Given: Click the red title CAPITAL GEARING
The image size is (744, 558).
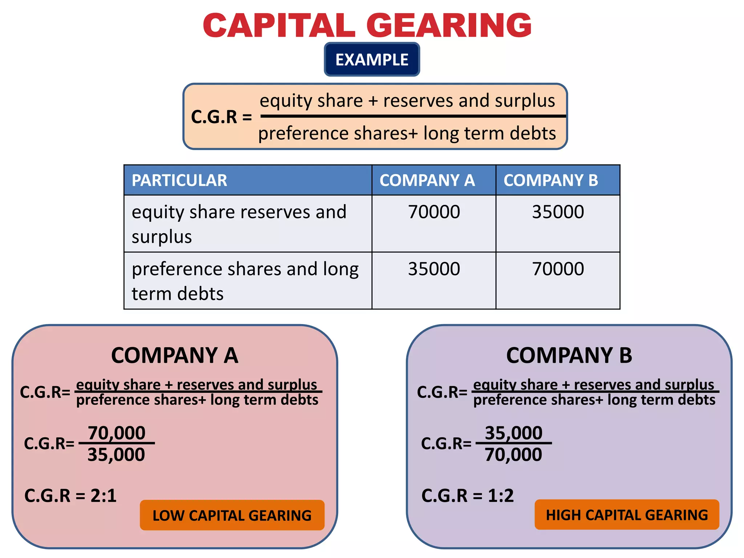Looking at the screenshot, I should (x=367, y=25).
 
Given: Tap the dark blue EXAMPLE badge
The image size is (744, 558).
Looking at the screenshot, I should (x=372, y=60).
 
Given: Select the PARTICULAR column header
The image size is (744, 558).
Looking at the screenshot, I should (x=179, y=180).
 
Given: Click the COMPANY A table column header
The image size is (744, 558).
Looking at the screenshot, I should (x=427, y=180).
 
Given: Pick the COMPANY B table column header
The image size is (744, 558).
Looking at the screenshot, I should (x=551, y=180).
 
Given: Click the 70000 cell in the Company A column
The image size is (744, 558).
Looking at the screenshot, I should (x=434, y=212).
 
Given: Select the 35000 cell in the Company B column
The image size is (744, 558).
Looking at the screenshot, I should (x=558, y=212).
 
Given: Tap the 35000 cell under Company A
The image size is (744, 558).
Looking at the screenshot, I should (x=434, y=269).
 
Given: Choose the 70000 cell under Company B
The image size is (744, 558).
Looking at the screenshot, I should (x=558, y=269).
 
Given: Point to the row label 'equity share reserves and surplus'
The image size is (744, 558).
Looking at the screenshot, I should (x=239, y=224).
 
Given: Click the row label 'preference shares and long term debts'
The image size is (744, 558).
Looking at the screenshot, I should (x=245, y=281).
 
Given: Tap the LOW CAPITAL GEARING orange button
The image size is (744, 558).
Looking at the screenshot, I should (x=232, y=515).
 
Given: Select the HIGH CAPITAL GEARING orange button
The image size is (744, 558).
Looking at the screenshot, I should (x=627, y=515).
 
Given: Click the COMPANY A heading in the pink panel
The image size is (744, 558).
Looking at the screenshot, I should (x=175, y=355).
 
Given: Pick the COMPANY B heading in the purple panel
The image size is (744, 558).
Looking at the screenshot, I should (x=569, y=355).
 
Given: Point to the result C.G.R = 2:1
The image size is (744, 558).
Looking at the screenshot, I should (x=70, y=496).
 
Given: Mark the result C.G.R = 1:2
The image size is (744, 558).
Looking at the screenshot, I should (x=468, y=496).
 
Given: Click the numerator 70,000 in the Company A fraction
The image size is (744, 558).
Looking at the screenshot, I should (x=117, y=433).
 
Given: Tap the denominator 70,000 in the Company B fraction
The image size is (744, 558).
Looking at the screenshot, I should (x=513, y=454).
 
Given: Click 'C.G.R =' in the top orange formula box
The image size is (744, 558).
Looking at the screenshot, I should (x=221, y=117).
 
